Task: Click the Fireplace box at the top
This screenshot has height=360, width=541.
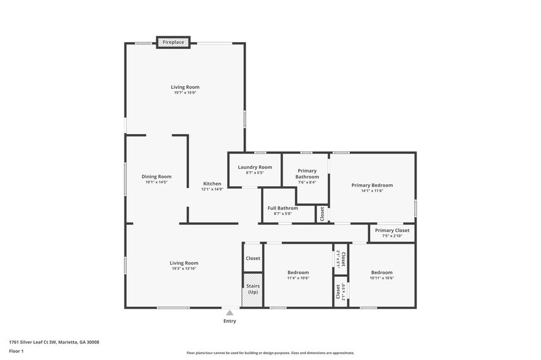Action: (173, 42)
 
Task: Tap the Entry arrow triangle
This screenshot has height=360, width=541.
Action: (230, 313)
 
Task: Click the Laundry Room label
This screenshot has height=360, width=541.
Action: (255, 167)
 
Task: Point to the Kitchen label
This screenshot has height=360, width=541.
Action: (212, 184)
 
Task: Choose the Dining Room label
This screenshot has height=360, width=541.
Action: (156, 177)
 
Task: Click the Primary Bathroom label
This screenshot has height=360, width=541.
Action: (307, 174)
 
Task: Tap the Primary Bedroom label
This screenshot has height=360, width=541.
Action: (372, 185)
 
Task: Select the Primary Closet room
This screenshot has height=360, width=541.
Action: (392, 233)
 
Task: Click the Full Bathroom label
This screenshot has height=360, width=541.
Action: (282, 208)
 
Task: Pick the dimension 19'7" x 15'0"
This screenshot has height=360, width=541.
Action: (185, 93)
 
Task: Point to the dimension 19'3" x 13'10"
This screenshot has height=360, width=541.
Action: (184, 269)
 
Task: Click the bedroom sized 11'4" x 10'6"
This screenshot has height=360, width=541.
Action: (298, 275)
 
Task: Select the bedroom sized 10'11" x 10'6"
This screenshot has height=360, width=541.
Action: (381, 275)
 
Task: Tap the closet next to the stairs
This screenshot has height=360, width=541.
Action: (253, 258)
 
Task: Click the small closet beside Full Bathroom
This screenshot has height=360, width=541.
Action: (322, 214)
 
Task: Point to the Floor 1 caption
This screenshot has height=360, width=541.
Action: (16, 351)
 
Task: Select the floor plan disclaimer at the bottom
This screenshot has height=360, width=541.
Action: (270, 353)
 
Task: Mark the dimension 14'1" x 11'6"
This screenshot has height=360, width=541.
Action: (372, 191)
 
